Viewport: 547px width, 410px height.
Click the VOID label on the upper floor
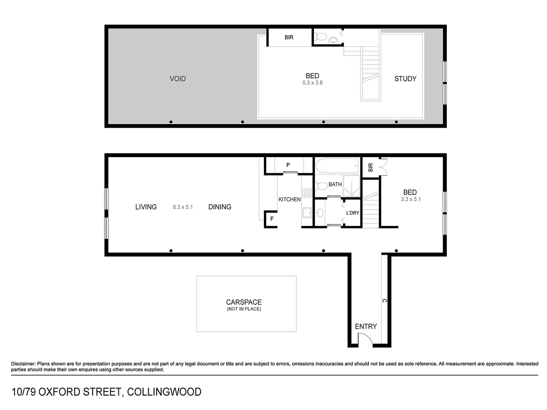coord(178,79)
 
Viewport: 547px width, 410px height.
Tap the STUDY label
coord(405,79)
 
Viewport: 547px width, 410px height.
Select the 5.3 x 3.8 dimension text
coord(312,83)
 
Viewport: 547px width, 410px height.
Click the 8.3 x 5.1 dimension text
coord(183,207)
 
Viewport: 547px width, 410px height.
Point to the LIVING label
coord(146,207)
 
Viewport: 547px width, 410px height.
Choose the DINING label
coord(220,207)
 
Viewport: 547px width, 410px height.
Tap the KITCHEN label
coord(289,199)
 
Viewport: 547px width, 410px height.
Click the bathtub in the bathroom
coord(337,166)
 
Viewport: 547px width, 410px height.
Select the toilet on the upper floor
coord(321,37)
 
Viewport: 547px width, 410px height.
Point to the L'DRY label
coord(353,213)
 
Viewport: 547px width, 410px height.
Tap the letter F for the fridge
coord(272,219)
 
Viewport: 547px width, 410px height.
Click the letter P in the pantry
coord(288,165)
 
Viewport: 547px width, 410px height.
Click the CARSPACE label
coord(244,302)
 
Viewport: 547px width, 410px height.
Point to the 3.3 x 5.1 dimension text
coord(411,199)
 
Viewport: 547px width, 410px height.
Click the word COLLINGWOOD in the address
coord(164,392)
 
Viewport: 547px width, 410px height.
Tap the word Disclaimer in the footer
coord(23,364)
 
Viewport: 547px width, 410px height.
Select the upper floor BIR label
coord(289,38)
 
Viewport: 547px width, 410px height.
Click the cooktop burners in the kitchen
coord(307,193)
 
